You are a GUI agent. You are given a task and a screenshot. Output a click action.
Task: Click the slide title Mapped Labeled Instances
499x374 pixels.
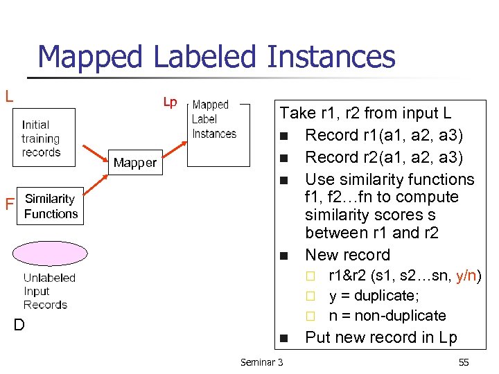click(x=216, y=57)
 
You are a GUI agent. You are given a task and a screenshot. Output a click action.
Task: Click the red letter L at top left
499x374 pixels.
click(x=9, y=96)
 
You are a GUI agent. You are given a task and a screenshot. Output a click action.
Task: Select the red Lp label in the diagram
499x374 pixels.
click(x=170, y=103)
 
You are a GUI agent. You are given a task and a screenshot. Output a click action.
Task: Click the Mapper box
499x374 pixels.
click(x=135, y=163)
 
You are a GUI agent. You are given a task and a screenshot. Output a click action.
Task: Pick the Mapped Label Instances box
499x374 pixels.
click(x=217, y=132)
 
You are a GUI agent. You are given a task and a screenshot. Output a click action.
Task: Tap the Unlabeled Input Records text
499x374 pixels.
click(x=49, y=291)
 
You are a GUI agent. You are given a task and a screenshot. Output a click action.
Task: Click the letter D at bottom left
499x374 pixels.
click(x=19, y=323)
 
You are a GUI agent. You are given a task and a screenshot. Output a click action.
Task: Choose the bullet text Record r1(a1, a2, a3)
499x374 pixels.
click(x=383, y=135)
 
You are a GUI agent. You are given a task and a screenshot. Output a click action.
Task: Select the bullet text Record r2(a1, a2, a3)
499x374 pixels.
click(x=383, y=157)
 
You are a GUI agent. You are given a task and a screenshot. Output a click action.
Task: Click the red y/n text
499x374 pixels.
click(x=469, y=276)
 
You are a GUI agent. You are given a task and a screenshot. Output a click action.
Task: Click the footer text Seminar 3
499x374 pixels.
click(x=261, y=362)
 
